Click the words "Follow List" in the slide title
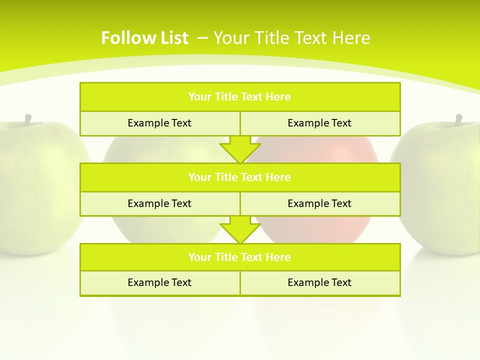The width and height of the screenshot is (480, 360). (x=144, y=38)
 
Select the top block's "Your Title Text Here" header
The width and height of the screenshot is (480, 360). (x=240, y=97)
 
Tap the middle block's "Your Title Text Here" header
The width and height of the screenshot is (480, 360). (x=240, y=177)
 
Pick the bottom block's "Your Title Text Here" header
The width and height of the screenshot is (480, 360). (x=240, y=257)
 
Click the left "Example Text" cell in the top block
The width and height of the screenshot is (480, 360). (x=160, y=123)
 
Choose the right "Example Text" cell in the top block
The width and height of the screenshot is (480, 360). (x=320, y=123)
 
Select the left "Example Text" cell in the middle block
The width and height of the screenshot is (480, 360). (x=160, y=203)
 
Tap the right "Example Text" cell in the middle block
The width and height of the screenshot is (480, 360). (x=320, y=203)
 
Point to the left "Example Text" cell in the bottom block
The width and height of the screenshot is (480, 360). (x=160, y=282)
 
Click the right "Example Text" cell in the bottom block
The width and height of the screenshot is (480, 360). (x=320, y=282)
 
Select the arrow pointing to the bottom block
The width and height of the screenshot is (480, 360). (x=240, y=229)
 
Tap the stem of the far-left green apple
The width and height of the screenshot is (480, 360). (x=28, y=119)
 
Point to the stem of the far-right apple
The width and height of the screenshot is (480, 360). (x=458, y=119)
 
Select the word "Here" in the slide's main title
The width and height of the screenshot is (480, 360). (x=352, y=38)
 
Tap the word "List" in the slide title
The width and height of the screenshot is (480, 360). (x=172, y=38)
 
